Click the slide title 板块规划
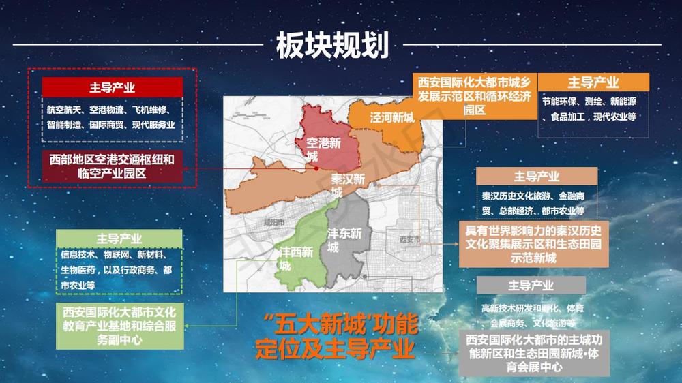coord(332,46)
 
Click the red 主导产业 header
coord(112,87)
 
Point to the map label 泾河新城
coord(392,118)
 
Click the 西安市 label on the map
coord(410,239)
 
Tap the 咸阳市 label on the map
coord(272,223)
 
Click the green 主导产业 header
coord(119,239)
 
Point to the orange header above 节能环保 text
coord(593,82)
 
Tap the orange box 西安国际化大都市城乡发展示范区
coord(475,96)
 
